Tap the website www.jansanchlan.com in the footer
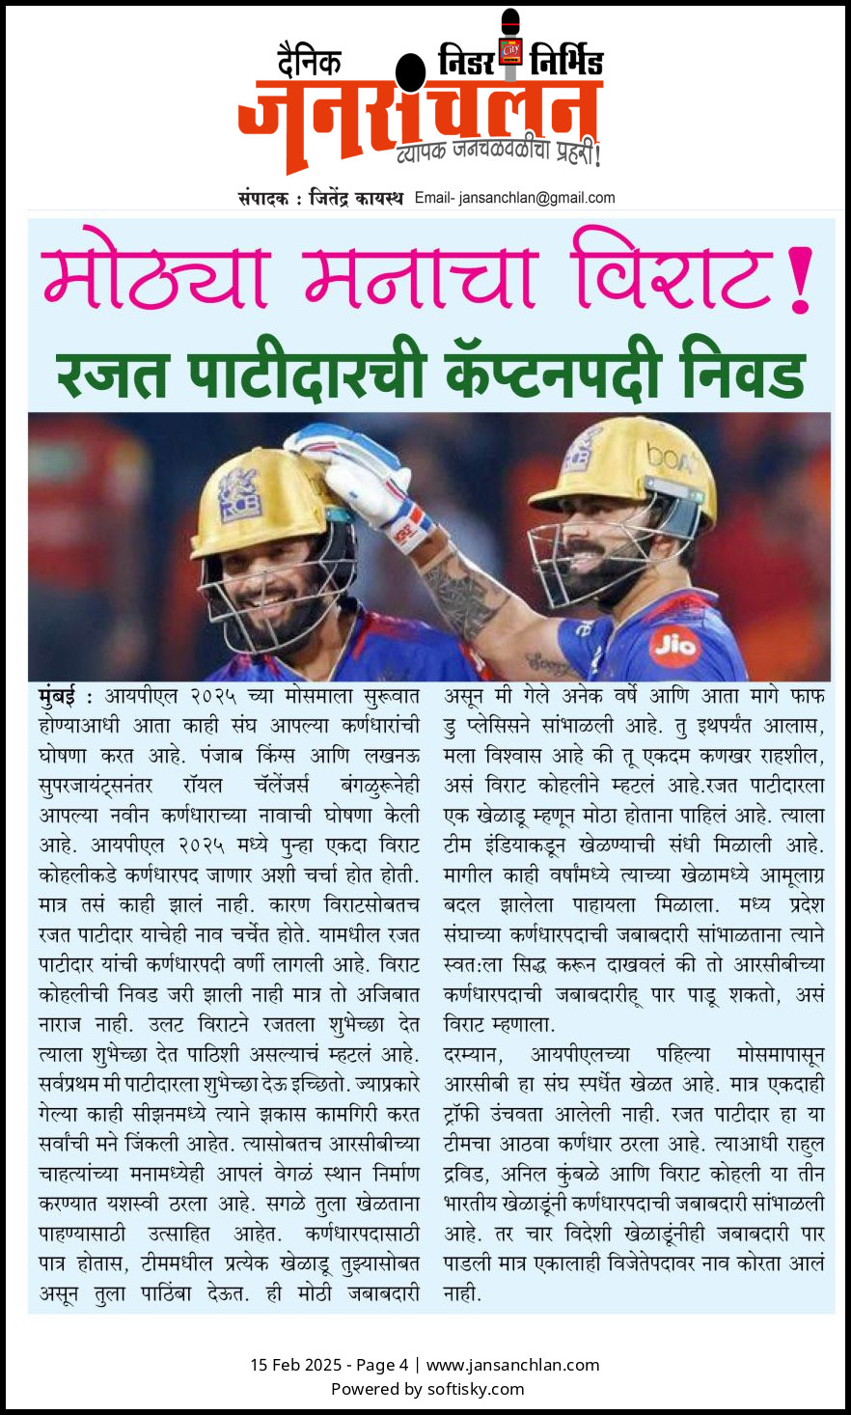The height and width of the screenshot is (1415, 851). tap(512, 1365)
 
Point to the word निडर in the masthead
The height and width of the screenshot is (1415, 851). tap(465, 62)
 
